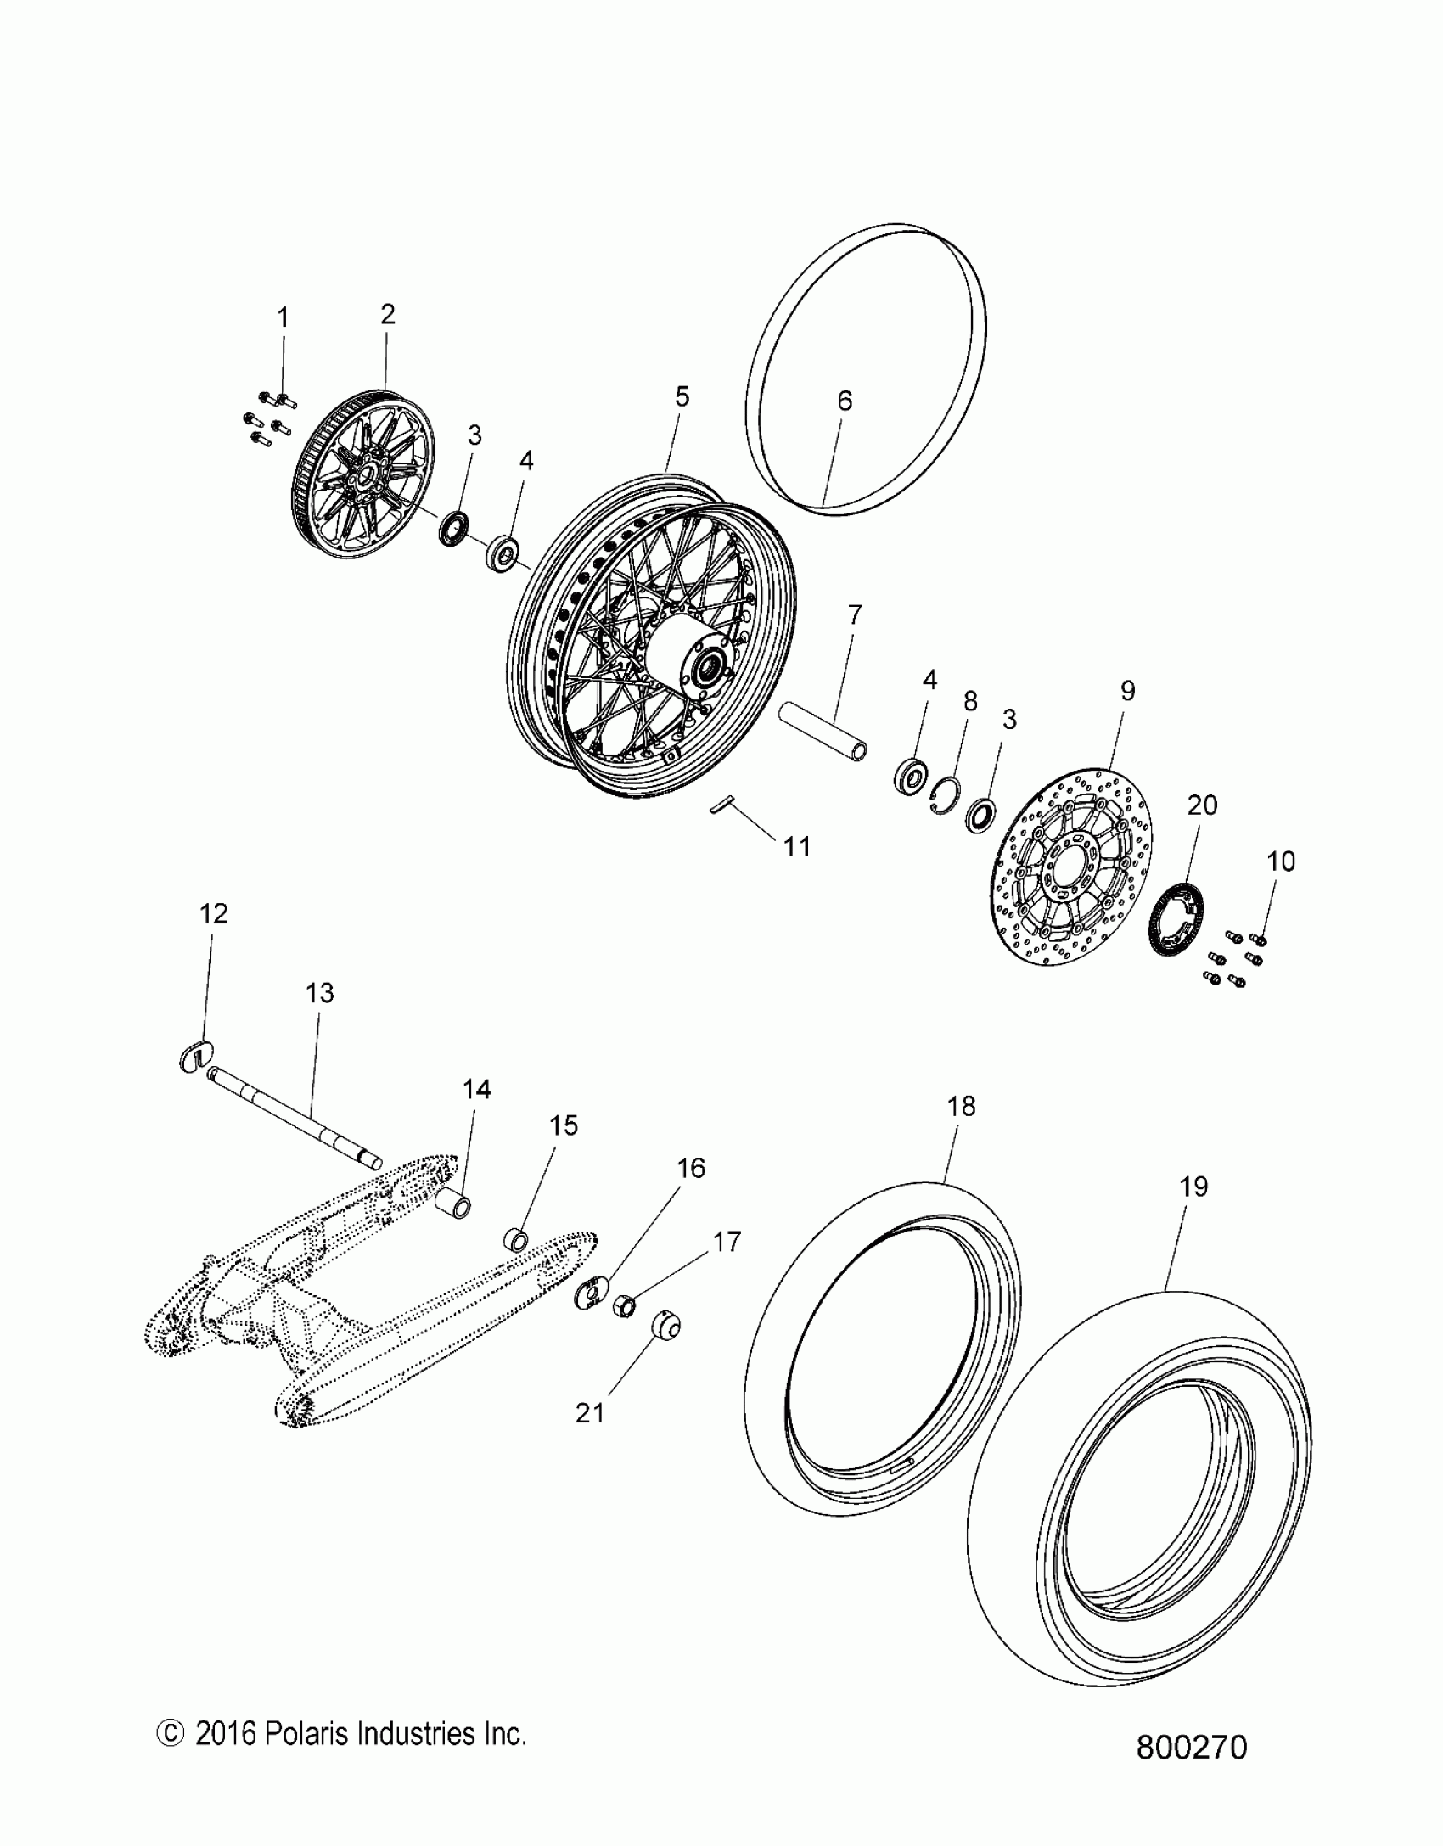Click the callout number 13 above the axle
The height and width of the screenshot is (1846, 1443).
(320, 993)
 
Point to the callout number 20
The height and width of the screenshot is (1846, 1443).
(1202, 805)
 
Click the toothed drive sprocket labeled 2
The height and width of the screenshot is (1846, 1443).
(361, 487)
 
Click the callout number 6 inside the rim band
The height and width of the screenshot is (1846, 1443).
(844, 401)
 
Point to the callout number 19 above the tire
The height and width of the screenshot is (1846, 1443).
(1193, 1187)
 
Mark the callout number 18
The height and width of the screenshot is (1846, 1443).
(961, 1107)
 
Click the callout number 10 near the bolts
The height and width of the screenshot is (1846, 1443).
(1281, 861)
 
